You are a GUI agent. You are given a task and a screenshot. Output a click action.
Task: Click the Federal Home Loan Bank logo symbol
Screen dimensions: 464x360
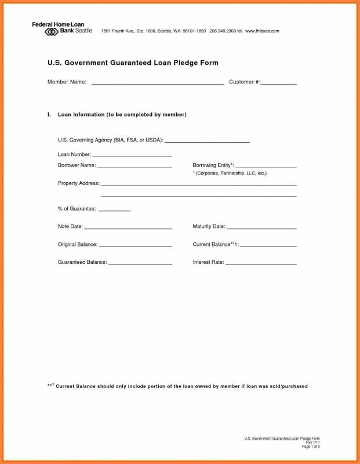(x=51, y=31)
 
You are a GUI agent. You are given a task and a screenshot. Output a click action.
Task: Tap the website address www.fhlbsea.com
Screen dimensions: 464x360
(x=263, y=31)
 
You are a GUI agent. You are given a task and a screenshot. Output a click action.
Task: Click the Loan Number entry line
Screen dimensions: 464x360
(x=132, y=155)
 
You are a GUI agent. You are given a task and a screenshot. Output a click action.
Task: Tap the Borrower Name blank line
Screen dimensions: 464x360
(x=134, y=166)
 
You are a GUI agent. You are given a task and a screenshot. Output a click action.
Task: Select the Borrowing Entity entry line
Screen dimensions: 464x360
(x=266, y=166)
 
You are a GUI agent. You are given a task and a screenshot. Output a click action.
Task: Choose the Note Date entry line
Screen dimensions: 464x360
(x=128, y=227)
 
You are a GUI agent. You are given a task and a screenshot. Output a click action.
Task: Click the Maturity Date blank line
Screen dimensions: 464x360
(x=261, y=227)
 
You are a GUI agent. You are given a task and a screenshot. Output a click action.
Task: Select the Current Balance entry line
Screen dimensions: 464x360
(x=268, y=245)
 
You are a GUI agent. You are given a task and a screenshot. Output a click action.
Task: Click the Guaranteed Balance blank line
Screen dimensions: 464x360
(x=140, y=263)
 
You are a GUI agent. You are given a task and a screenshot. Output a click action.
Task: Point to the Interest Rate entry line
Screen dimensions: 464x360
(x=261, y=263)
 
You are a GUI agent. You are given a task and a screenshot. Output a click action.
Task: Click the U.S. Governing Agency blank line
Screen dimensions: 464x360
(x=208, y=141)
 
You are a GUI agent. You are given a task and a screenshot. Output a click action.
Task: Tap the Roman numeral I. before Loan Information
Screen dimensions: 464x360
(x=49, y=115)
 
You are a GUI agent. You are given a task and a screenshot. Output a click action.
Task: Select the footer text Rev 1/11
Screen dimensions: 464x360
(x=314, y=442)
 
